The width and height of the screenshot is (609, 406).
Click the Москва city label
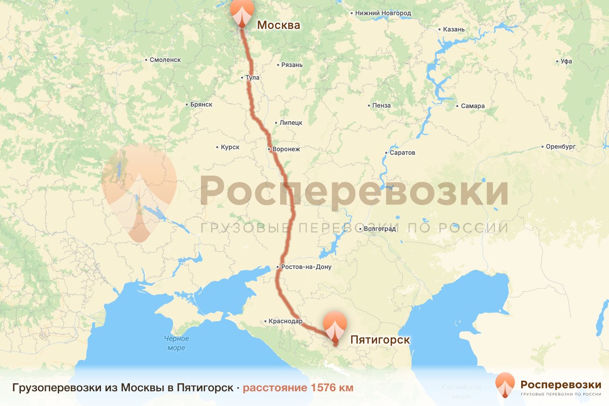[279, 25]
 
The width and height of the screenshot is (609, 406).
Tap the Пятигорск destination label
[380, 340]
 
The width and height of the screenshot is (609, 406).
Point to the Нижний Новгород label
[383, 13]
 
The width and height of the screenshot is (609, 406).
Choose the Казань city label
[453, 29]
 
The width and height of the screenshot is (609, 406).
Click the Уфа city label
[566, 61]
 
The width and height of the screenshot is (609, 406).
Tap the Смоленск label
[165, 60]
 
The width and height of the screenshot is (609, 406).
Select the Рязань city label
[293, 65]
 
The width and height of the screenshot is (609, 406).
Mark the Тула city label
[252, 78]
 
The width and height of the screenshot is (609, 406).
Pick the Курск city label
[230, 147]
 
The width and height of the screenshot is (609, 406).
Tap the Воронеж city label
[286, 149]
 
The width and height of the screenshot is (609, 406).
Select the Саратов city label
[402, 153]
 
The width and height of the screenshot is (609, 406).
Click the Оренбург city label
[560, 147]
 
